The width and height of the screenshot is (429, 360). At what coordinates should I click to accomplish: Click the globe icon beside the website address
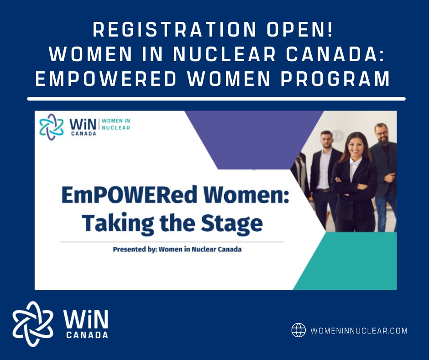(x=298, y=330)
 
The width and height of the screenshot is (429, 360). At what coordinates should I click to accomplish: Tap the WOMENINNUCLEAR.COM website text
(x=359, y=330)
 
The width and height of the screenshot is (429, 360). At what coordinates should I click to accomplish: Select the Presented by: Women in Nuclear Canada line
(x=177, y=250)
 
